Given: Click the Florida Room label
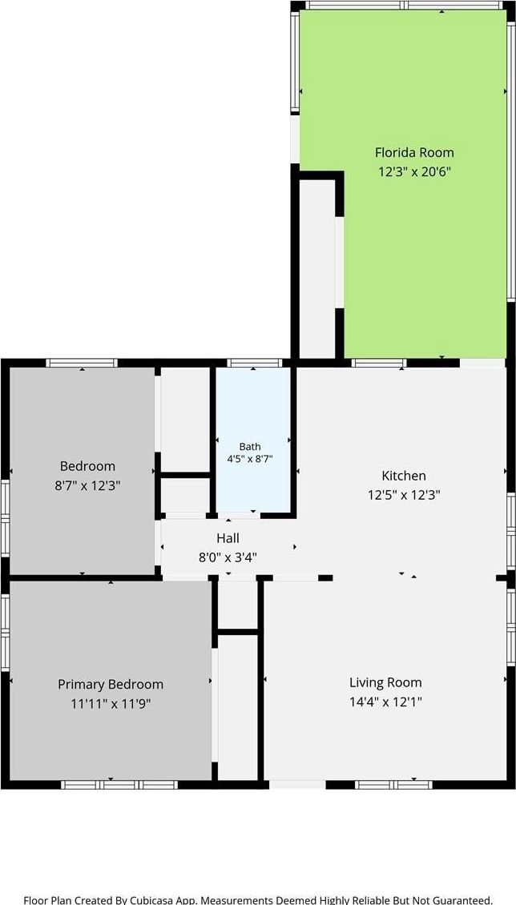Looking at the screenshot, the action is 414,153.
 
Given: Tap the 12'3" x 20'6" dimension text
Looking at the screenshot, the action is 414,172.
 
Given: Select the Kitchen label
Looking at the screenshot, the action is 404,477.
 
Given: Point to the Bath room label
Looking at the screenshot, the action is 250,447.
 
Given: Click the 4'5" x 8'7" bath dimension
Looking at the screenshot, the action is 250,460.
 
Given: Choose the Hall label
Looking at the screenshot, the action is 228,538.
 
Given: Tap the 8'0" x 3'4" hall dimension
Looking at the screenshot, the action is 228,557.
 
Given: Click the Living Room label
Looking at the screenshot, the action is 385,683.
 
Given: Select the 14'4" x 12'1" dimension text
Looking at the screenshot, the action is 385,702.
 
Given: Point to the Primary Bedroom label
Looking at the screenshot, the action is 111,685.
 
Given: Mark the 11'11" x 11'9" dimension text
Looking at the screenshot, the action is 111,703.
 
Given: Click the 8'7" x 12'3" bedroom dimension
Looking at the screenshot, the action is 87,485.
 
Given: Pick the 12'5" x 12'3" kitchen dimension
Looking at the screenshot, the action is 404,495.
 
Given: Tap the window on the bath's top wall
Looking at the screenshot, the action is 255,363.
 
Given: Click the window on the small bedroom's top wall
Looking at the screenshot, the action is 82,363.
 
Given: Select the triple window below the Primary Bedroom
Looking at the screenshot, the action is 119,784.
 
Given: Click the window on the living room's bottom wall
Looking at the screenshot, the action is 393,784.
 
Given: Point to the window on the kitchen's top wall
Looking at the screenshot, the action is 379,363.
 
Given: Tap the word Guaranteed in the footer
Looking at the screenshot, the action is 463,900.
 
